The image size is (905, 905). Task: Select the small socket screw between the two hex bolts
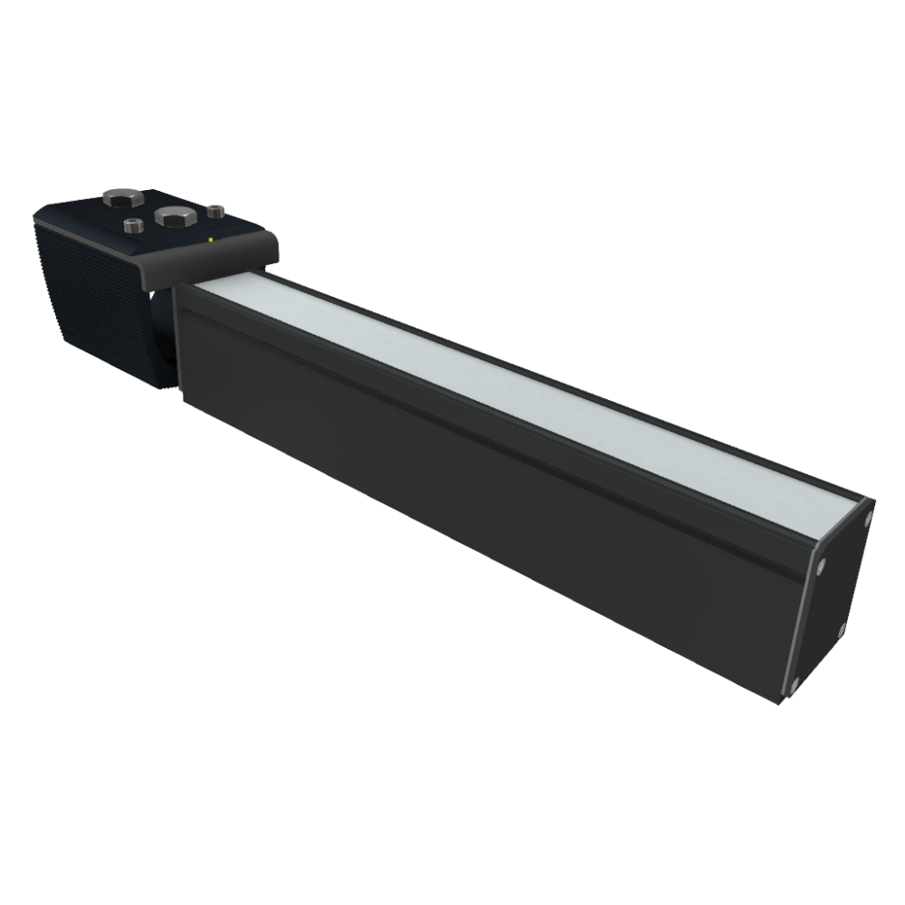coord(132,224)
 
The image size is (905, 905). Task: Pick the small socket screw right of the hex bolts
coord(214,211)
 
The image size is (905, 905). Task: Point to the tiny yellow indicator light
coord(210,240)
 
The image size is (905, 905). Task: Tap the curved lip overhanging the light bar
coord(217,258)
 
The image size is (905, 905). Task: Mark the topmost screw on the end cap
coord(867,518)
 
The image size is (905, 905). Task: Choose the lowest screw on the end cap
coord(794,681)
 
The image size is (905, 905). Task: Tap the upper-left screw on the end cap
coord(820,568)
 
